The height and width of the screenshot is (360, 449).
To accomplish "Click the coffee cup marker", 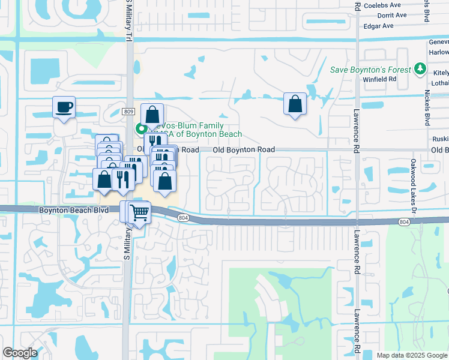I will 64,108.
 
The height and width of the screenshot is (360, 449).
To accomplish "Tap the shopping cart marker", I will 139,212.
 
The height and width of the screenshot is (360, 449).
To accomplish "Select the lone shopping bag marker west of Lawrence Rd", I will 295,104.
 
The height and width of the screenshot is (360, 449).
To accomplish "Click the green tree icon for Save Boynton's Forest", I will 420,70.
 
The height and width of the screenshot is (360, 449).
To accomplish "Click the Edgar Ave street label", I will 378,26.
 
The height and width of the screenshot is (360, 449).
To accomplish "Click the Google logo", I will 20,353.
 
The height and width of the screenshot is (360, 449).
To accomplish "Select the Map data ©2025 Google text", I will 411,355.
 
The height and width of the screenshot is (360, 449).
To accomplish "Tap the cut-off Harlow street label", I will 439,52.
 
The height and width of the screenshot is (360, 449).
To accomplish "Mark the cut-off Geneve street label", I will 439,41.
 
